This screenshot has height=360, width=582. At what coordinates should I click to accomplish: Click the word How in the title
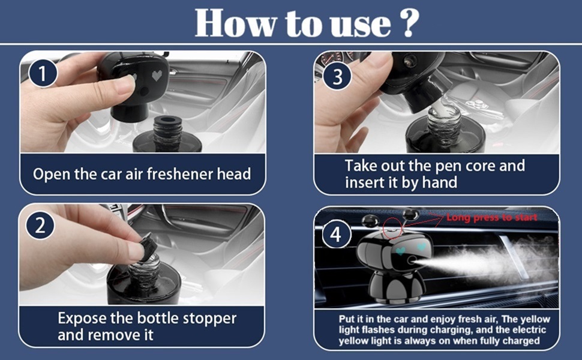[236, 23]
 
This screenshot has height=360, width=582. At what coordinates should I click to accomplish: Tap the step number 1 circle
[43, 73]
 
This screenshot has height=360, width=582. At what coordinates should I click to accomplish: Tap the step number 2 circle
[40, 225]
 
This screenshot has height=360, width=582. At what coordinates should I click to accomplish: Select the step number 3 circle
[337, 76]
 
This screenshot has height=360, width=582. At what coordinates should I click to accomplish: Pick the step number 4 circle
[336, 235]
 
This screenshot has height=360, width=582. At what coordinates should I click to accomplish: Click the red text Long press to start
[492, 217]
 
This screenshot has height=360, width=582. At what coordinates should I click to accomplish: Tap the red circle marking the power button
[392, 227]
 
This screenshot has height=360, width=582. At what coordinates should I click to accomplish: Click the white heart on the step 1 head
[157, 76]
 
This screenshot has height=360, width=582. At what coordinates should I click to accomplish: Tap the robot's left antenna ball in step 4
[370, 221]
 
